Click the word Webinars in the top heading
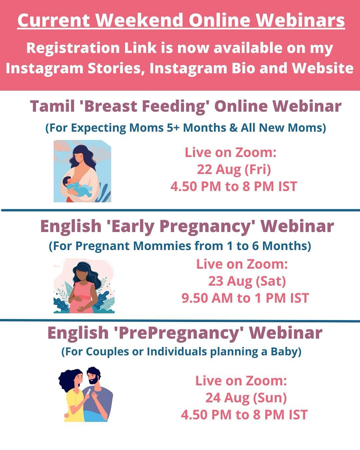(300, 20)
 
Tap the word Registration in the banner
(73, 48)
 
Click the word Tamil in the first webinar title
(52, 106)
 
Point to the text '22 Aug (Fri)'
(234, 169)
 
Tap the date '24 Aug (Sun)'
(246, 398)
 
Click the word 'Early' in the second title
(130, 226)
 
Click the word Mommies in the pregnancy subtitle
(162, 246)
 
